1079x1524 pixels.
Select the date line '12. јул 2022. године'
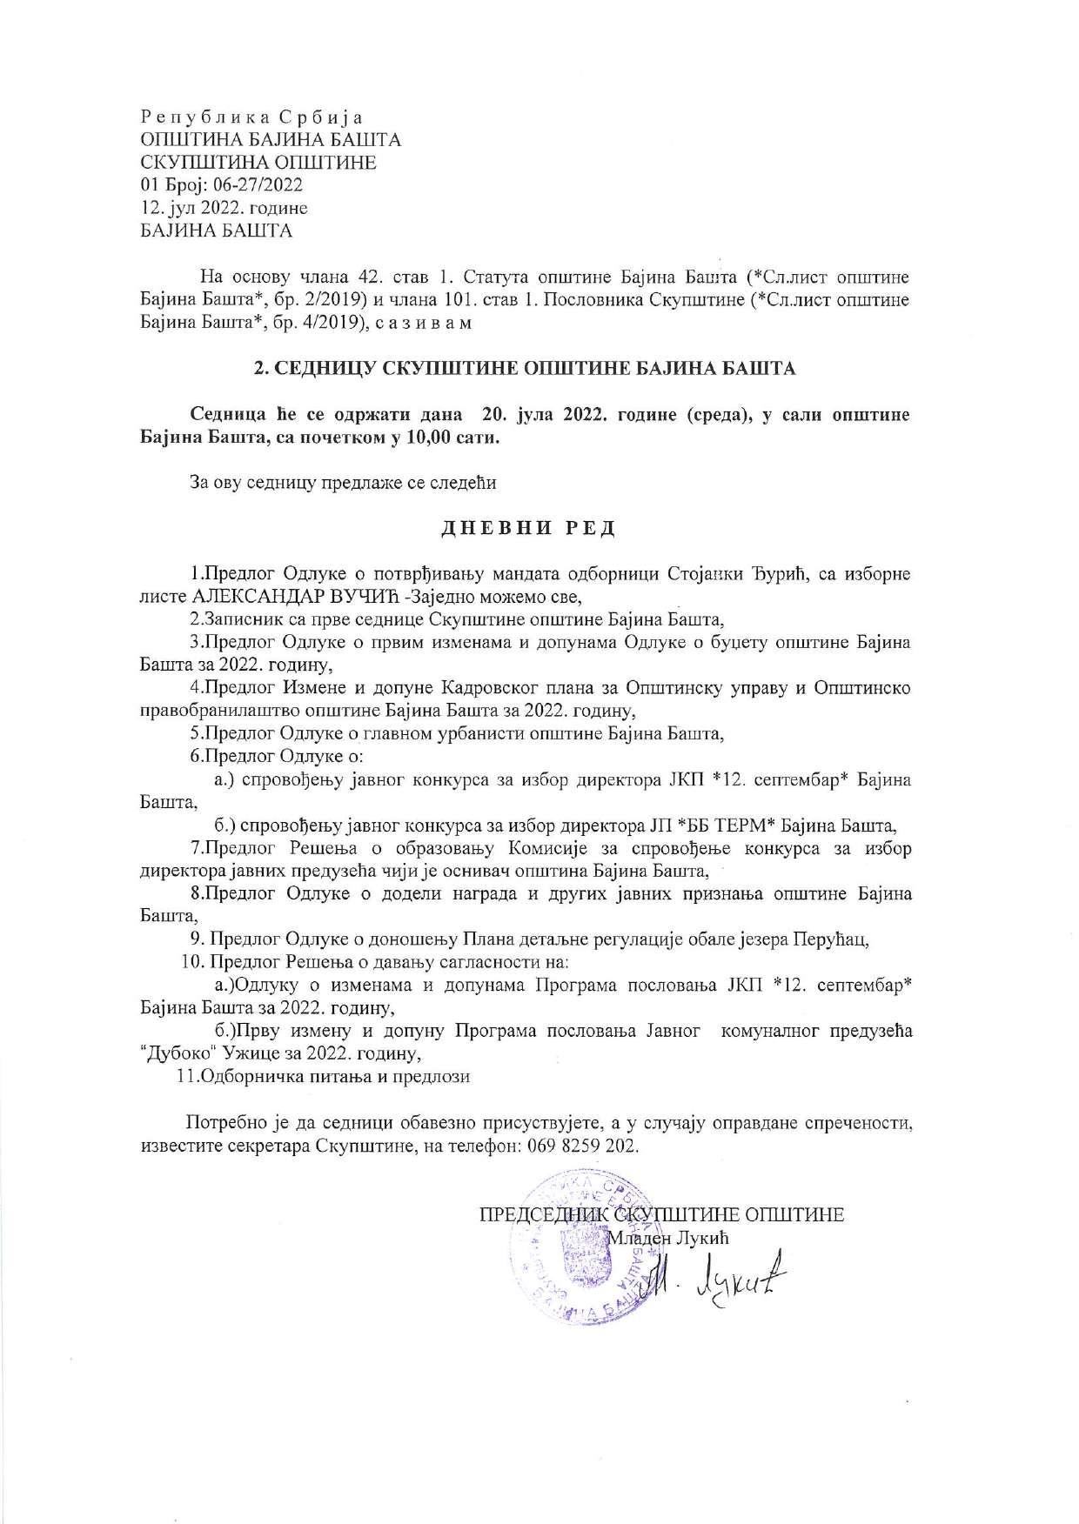[224, 208]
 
